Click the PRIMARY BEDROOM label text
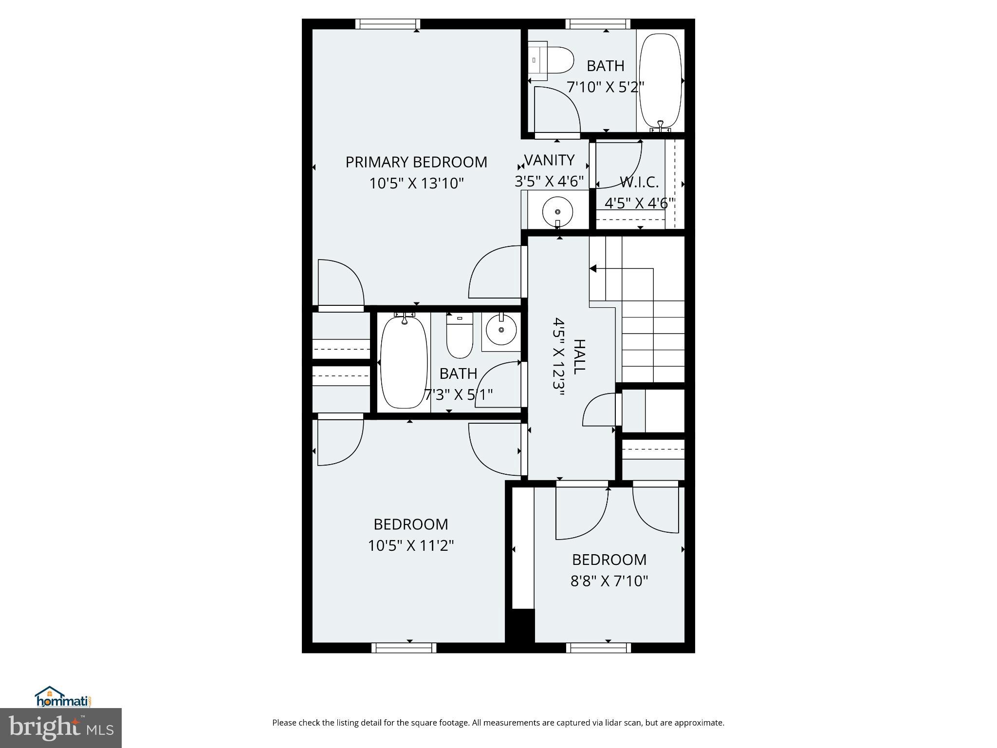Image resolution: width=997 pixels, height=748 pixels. (x=416, y=162)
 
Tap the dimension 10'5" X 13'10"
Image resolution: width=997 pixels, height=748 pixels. (x=416, y=184)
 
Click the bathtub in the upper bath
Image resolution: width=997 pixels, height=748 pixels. (x=660, y=80)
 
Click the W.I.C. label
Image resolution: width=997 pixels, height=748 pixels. (x=639, y=182)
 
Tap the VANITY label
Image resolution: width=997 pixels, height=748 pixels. (x=549, y=160)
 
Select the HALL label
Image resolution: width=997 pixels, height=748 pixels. (x=578, y=357)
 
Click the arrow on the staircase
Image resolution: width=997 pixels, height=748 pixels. (x=593, y=268)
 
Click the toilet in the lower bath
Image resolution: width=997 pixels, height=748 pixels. (x=460, y=336)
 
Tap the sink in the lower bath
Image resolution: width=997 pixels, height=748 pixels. (x=501, y=330)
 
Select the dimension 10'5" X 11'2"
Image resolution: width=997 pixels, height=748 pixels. (x=411, y=545)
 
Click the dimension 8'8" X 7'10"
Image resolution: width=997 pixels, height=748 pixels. (x=609, y=581)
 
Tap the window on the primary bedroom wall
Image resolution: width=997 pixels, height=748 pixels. (x=388, y=24)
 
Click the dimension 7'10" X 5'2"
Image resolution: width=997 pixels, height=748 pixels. (x=605, y=87)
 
